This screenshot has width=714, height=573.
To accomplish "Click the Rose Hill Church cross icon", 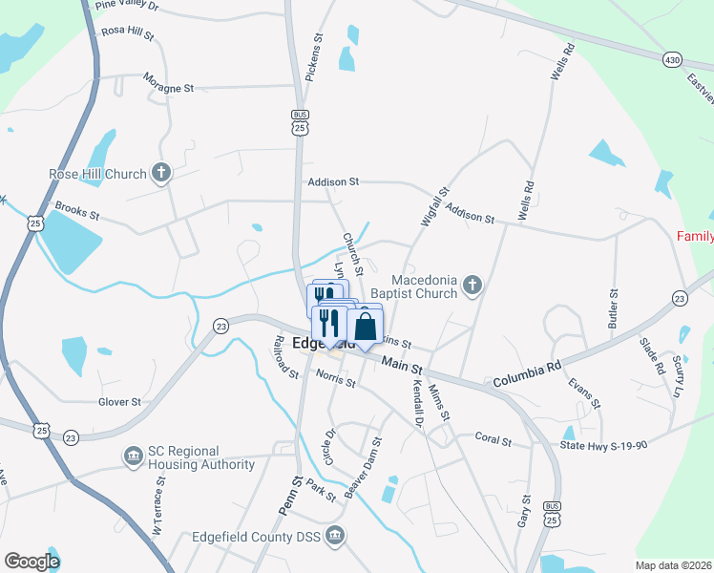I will pos(161,174).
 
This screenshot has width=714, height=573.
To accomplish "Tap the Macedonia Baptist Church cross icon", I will pos(472,285).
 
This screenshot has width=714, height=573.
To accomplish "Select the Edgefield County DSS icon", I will pos(334,535).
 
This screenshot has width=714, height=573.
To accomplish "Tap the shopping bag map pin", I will pos(365,328).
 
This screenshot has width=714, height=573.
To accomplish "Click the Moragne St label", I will pos(168,88).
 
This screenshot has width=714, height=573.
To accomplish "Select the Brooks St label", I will pos(77,211).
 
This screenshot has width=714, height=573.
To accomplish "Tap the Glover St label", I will pos(119,402).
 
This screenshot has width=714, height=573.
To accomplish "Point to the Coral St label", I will pos(493,442).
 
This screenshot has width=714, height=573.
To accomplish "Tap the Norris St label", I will pos(336,379).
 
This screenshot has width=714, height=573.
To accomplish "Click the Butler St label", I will pos(613,309).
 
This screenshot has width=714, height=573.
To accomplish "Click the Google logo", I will pos(31,562).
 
